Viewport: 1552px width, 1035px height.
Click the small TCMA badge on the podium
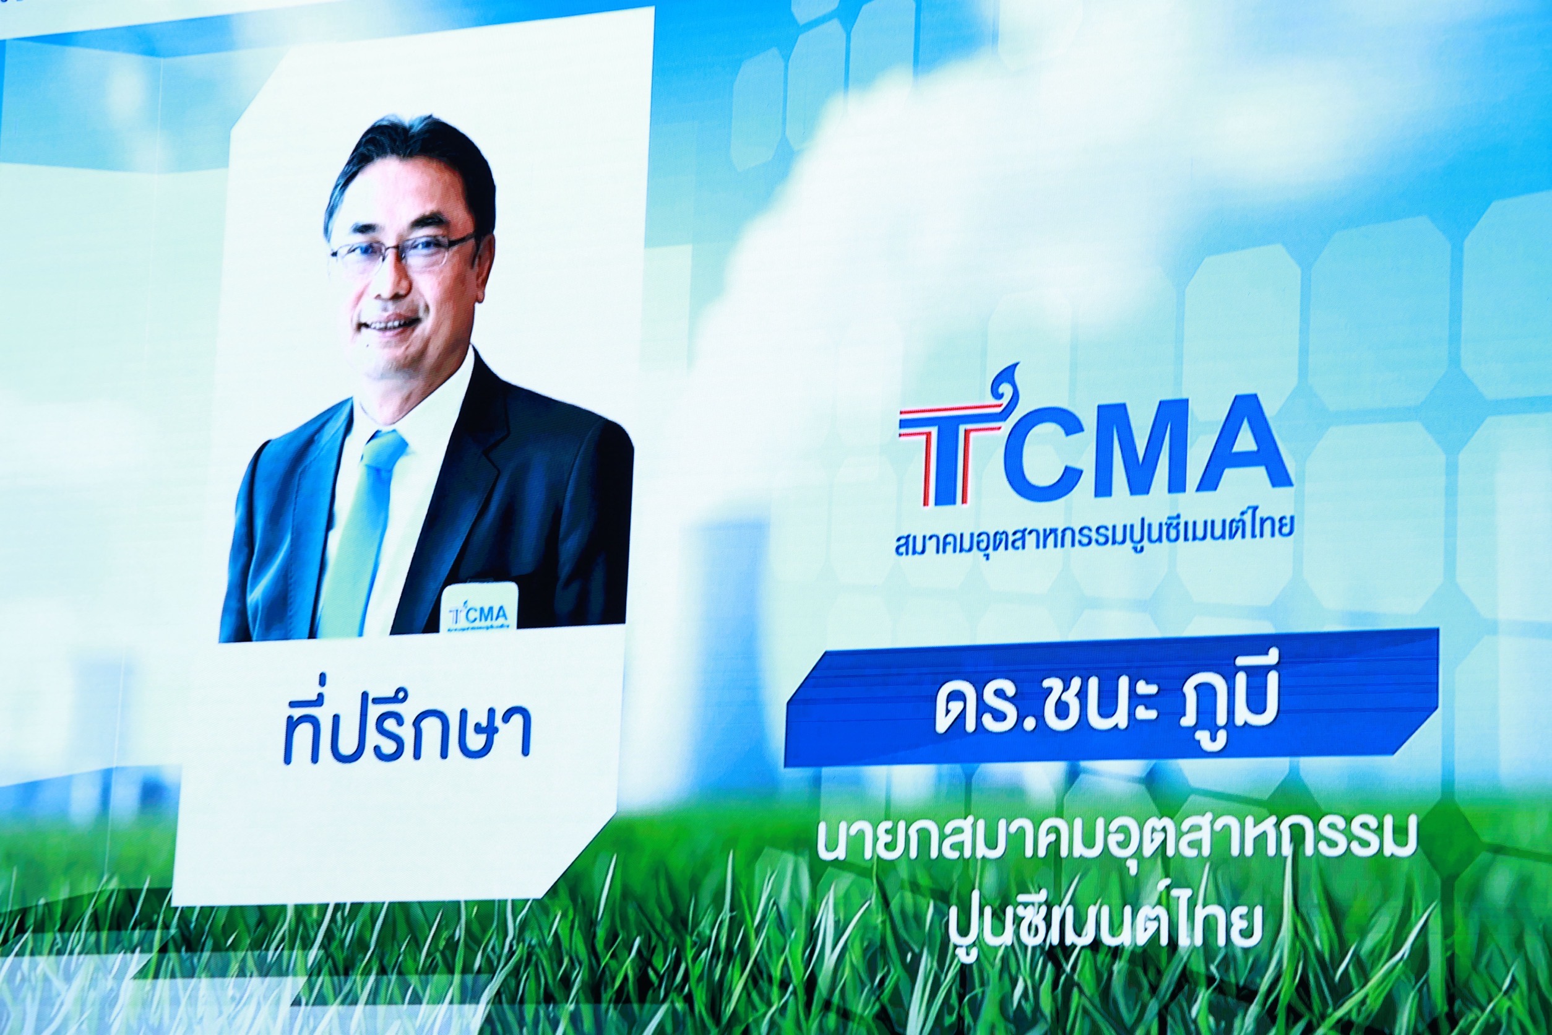click(480, 607)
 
